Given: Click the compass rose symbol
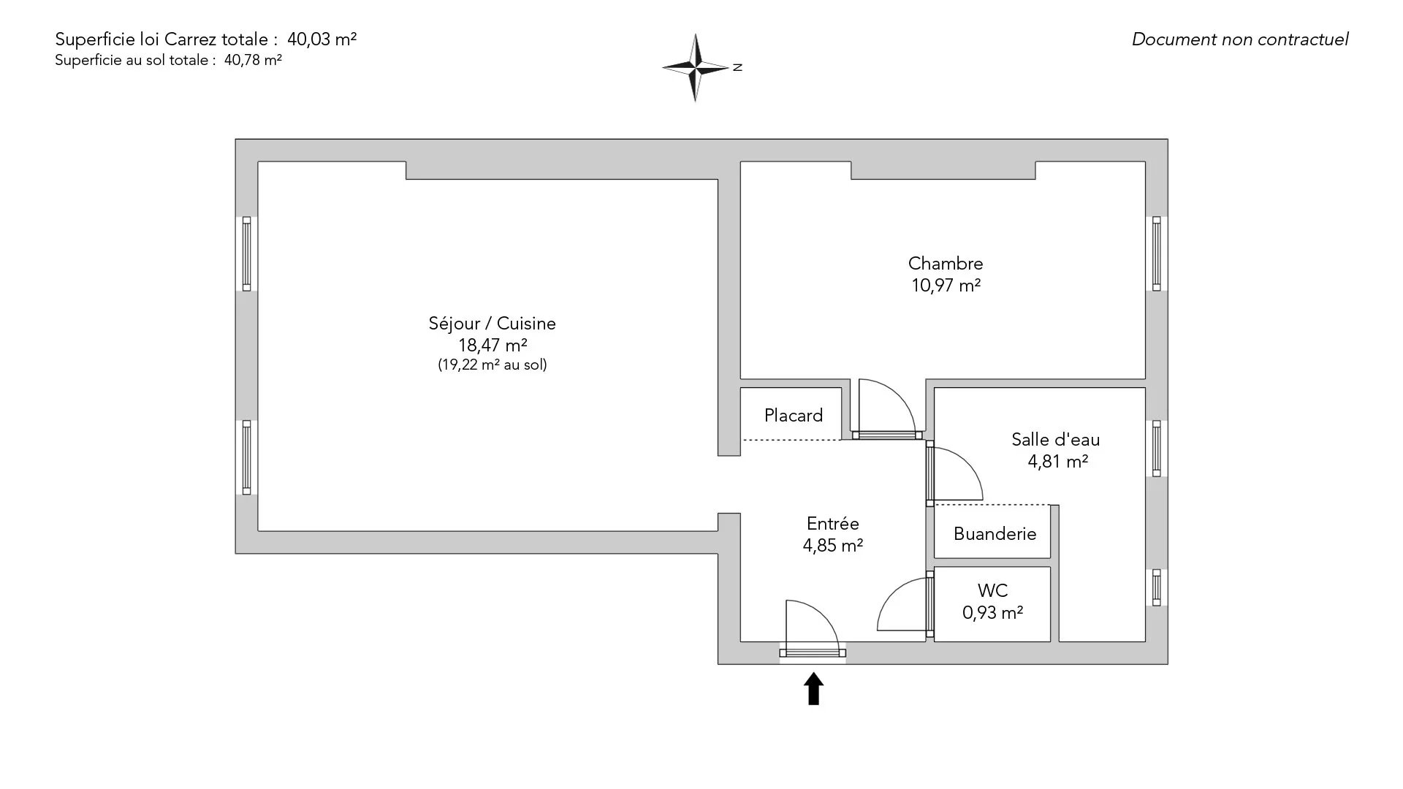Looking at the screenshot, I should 696,67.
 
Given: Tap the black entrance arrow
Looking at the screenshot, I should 813,689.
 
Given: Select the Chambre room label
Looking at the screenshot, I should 946,263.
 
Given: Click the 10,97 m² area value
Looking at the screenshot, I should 946,286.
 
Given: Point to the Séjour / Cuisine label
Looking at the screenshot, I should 492,323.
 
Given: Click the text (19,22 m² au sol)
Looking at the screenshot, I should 492,365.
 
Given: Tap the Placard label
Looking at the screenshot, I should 794,416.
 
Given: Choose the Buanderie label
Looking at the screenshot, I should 995,534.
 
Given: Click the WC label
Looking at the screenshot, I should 992,590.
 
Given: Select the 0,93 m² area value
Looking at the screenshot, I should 992,613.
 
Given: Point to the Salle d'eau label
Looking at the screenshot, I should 1055,439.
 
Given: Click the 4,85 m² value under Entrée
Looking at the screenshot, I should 833,546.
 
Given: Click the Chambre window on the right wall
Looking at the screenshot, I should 1156,254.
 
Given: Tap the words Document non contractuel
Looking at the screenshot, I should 1239,39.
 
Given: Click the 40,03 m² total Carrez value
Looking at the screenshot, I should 322,39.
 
